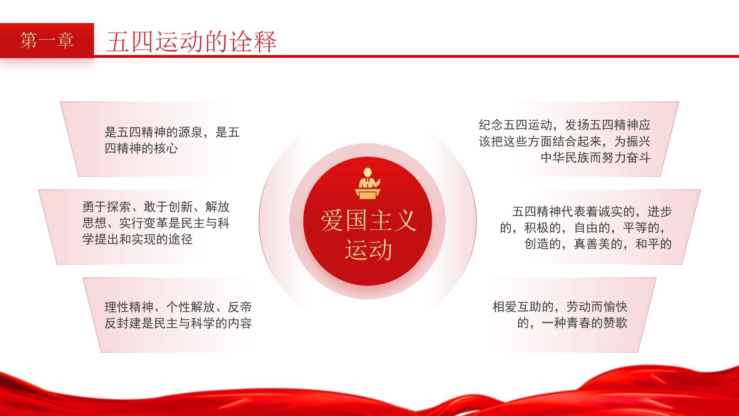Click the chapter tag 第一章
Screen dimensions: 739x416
pyautogui.click(x=47, y=40)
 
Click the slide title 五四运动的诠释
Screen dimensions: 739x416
pyautogui.click(x=192, y=42)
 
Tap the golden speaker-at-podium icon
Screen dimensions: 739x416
pyautogui.click(x=368, y=183)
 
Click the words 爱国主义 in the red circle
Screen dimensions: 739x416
pyautogui.click(x=368, y=221)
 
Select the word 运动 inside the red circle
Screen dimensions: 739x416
pyautogui.click(x=368, y=250)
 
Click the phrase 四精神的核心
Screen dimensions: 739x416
pyautogui.click(x=141, y=148)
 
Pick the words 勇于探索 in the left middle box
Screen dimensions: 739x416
pyautogui.click(x=107, y=207)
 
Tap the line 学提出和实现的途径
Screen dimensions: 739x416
pyautogui.click(x=137, y=239)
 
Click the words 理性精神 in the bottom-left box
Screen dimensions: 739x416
pyautogui.click(x=129, y=307)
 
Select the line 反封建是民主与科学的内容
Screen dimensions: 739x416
pyautogui.click(x=178, y=323)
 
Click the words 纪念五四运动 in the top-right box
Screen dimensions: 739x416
pyautogui.click(x=515, y=125)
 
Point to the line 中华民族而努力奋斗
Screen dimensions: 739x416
pyautogui.click(x=595, y=157)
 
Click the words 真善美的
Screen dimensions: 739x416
pyautogui.click(x=598, y=244)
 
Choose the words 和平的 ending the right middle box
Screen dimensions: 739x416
pyautogui.click(x=653, y=244)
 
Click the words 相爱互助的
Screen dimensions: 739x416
pyautogui.click(x=523, y=307)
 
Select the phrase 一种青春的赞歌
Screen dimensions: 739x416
pyautogui.click(x=585, y=323)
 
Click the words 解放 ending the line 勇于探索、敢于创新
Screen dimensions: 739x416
pyautogui.click(x=217, y=207)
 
